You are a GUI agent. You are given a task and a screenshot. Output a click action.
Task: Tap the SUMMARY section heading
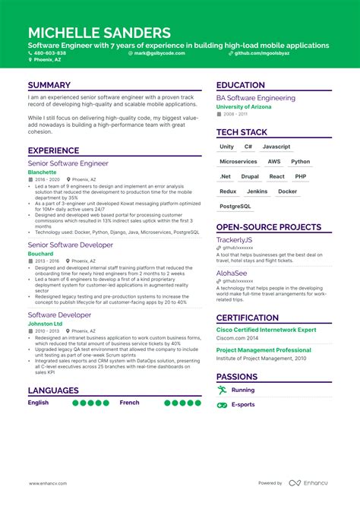click(x=49, y=85)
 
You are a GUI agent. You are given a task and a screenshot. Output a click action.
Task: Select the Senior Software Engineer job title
click(x=68, y=163)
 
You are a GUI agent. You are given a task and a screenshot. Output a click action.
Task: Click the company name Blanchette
click(x=42, y=172)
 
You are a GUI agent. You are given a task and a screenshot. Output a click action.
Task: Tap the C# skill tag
click(x=248, y=147)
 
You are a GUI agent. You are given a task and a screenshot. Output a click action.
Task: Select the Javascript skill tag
click(x=276, y=147)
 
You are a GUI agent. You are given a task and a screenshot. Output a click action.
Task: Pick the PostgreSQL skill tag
click(x=235, y=206)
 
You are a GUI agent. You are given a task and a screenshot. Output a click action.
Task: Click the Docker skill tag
click(x=287, y=191)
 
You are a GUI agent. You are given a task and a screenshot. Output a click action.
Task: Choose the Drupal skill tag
click(x=250, y=176)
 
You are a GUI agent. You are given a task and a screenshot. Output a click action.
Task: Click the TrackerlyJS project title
click(x=240, y=239)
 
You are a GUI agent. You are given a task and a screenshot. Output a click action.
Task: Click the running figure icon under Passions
click(x=222, y=390)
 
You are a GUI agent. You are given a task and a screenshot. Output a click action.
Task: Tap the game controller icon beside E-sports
click(x=222, y=405)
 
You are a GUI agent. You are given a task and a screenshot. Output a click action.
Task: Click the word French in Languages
click(x=130, y=403)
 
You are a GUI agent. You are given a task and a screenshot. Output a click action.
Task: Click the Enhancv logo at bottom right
click(x=309, y=482)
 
